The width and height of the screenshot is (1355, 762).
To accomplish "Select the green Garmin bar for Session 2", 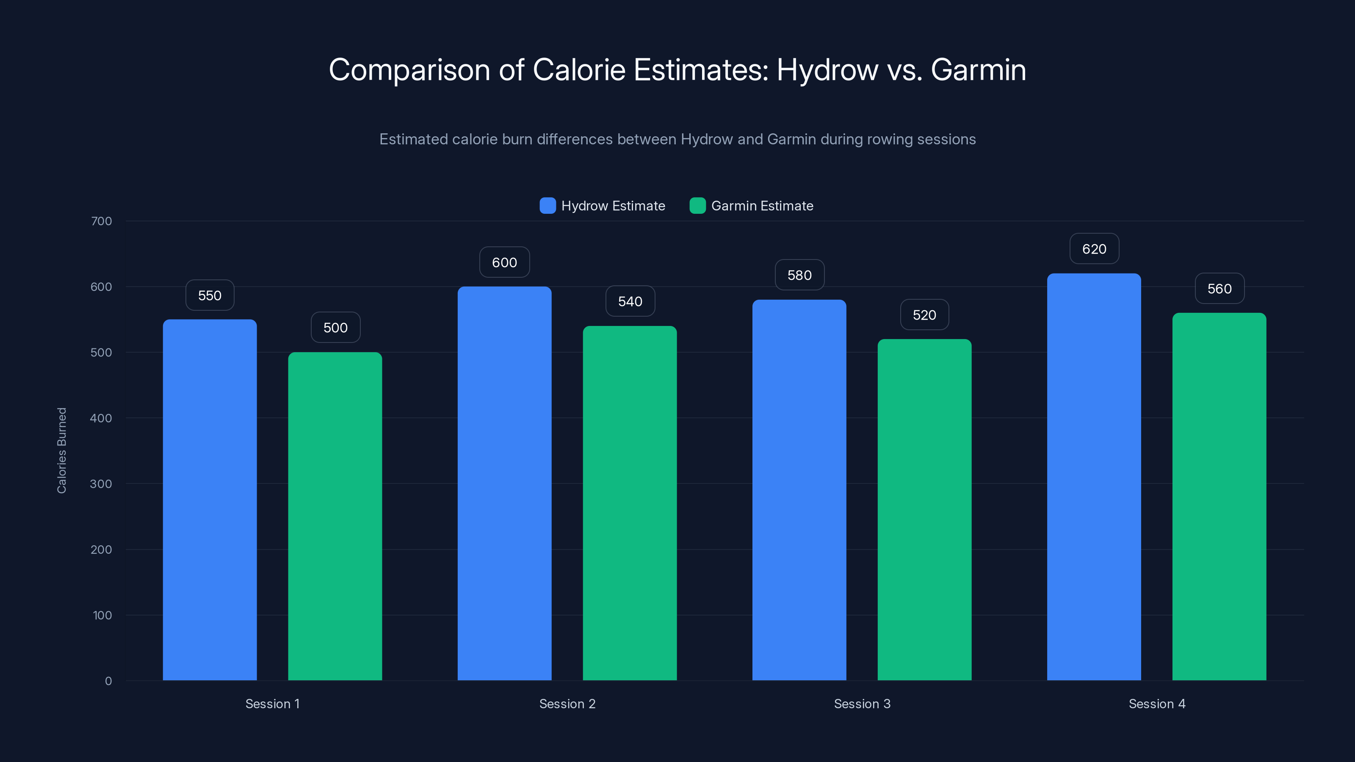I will point(630,503).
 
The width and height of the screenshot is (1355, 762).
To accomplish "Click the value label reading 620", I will point(1094,249).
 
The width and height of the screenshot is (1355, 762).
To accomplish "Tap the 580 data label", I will point(799,275).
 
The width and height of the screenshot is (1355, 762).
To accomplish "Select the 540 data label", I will point(630,301).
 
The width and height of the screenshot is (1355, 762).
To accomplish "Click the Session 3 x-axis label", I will point(862,704).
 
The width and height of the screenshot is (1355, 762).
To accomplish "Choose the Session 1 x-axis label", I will point(272,704).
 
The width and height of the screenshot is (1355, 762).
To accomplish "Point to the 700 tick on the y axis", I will point(101,221).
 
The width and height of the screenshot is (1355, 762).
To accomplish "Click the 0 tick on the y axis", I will point(108,681).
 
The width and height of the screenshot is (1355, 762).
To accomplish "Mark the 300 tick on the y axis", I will point(101,484).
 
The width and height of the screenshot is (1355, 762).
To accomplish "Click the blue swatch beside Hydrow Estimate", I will point(548,206).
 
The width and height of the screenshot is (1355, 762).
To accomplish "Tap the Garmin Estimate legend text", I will point(762,206).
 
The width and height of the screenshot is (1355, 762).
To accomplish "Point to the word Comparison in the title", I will point(409,70).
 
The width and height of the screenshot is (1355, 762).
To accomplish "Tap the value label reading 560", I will point(1219,289).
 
